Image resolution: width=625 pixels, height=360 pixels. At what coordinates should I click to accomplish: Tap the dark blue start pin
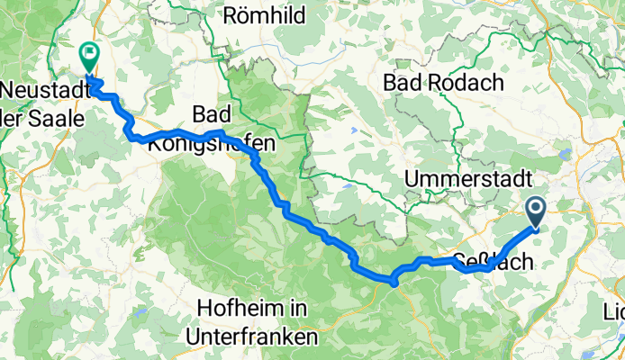coord(536,212)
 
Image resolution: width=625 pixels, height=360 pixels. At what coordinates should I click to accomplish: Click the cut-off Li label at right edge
coord(615,314)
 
